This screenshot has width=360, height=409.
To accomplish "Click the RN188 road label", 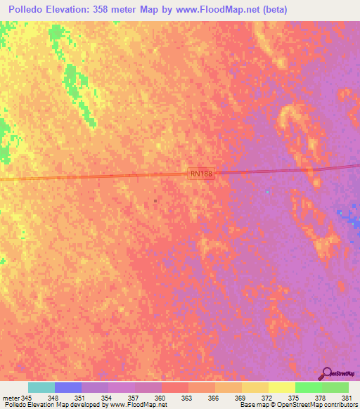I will point(200,173).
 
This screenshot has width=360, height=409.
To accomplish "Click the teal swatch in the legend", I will point(41,387).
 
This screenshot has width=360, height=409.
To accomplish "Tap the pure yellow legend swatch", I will point(281,387).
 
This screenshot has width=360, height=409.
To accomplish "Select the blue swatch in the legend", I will point(68,387).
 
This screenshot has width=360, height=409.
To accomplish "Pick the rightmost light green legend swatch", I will point(335,387).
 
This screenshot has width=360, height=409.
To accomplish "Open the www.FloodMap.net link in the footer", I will point(139,405).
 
